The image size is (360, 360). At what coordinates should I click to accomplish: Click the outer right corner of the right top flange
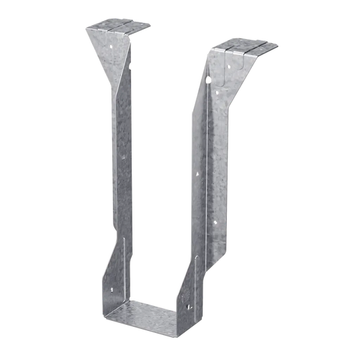279,45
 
